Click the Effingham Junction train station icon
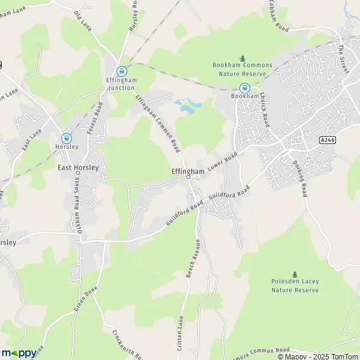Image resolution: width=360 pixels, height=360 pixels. click(x=122, y=70)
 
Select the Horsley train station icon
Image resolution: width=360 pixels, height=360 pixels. click(x=66, y=137)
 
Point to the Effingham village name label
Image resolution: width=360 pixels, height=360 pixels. click(x=188, y=170)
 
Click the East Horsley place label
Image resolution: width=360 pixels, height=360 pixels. click(x=78, y=169)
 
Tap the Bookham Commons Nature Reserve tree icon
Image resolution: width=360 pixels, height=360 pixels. click(x=242, y=58)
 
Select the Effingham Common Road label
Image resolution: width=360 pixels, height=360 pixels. click(x=158, y=124)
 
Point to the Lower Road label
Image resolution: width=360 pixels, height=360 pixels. click(x=223, y=161)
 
